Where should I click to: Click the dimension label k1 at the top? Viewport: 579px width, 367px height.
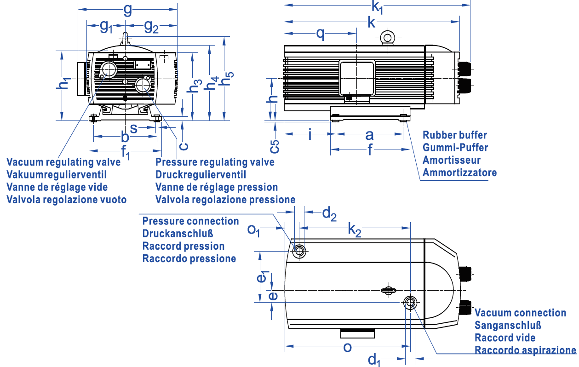click(378, 7)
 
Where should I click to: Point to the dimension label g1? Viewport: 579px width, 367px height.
click(106, 27)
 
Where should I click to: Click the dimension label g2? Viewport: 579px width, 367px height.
click(151, 27)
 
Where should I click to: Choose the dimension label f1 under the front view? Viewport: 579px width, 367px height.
click(126, 151)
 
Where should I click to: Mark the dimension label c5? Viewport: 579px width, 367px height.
click(274, 146)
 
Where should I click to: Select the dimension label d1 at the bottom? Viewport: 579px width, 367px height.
click(375, 359)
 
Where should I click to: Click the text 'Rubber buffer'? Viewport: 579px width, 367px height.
click(455, 135)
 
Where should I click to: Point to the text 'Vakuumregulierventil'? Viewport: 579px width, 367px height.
click(57, 175)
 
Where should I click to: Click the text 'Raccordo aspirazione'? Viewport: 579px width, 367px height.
click(525, 350)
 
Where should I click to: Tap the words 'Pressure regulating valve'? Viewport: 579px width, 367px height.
click(215, 162)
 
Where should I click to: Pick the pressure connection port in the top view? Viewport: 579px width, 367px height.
click(300, 251)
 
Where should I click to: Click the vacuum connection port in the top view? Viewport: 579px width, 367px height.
click(410, 302)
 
